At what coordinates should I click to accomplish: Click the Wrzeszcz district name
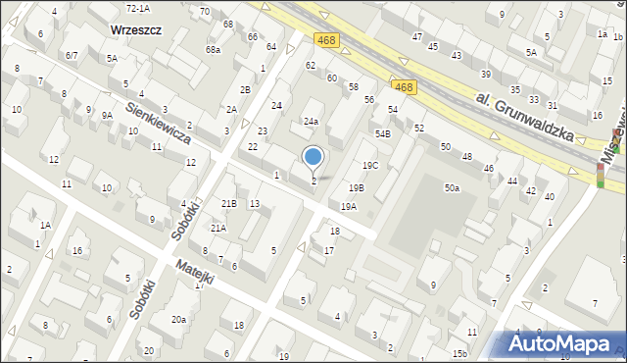click(x=136, y=30)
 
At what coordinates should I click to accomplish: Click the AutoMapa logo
click(x=563, y=343)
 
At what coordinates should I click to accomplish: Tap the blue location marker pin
click(x=313, y=159)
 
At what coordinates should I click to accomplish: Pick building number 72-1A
click(x=137, y=8)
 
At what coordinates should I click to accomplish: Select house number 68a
click(x=213, y=49)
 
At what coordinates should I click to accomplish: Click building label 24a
click(x=310, y=122)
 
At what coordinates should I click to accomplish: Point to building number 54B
click(x=382, y=133)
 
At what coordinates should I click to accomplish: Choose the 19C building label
click(x=369, y=166)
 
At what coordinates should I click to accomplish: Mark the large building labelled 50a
click(x=452, y=187)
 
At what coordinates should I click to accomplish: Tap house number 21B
click(x=228, y=203)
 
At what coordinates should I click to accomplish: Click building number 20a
click(x=178, y=320)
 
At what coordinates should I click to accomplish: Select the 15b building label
click(x=459, y=353)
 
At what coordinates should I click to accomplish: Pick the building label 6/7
click(x=72, y=56)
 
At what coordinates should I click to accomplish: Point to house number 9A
click(x=107, y=115)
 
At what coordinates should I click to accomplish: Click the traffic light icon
click(x=600, y=175)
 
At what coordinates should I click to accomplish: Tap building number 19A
click(x=348, y=207)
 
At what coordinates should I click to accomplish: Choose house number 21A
click(x=218, y=228)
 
